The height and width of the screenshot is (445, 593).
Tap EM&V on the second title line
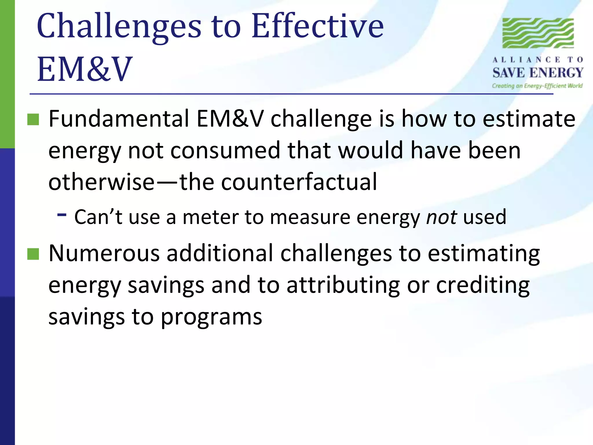(85, 70)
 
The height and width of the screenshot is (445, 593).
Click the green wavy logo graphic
(538, 33)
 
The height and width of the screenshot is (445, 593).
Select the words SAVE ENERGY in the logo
(538, 73)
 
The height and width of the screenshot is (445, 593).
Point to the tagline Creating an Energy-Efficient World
(537, 86)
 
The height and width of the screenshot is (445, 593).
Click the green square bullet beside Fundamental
(33, 119)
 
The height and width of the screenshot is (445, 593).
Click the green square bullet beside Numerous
(33, 254)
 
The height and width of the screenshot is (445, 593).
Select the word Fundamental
(119, 119)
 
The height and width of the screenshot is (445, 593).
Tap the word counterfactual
(299, 182)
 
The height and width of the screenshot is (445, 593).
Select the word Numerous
(104, 253)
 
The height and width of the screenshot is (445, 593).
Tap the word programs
(211, 317)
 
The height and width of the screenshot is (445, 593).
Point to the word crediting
(483, 285)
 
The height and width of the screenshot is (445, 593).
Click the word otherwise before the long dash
(101, 182)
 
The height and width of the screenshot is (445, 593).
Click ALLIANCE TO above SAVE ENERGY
(538, 60)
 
